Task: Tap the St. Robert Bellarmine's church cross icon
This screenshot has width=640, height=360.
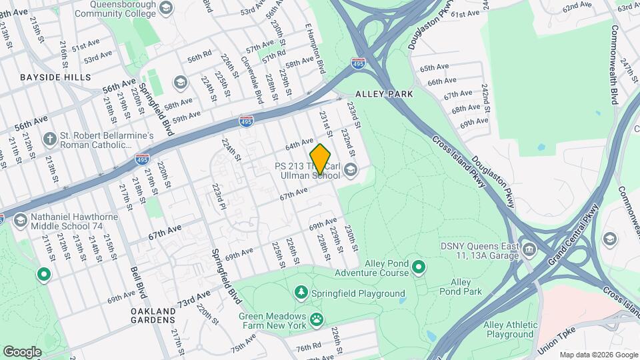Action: pos(49,139)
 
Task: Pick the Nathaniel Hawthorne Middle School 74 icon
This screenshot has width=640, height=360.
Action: pos(20,221)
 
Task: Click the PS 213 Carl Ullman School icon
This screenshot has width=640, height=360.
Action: pos(351,170)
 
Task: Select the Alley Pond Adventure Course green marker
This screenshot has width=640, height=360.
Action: pos(419,267)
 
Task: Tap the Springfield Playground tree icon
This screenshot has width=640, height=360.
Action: pos(301,293)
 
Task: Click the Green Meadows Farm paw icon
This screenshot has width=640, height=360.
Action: pos(317,320)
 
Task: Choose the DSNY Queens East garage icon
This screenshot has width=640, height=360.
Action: pos(529,251)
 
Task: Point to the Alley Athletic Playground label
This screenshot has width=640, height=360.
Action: pos(510,329)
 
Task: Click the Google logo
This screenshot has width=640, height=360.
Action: pos(22,351)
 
